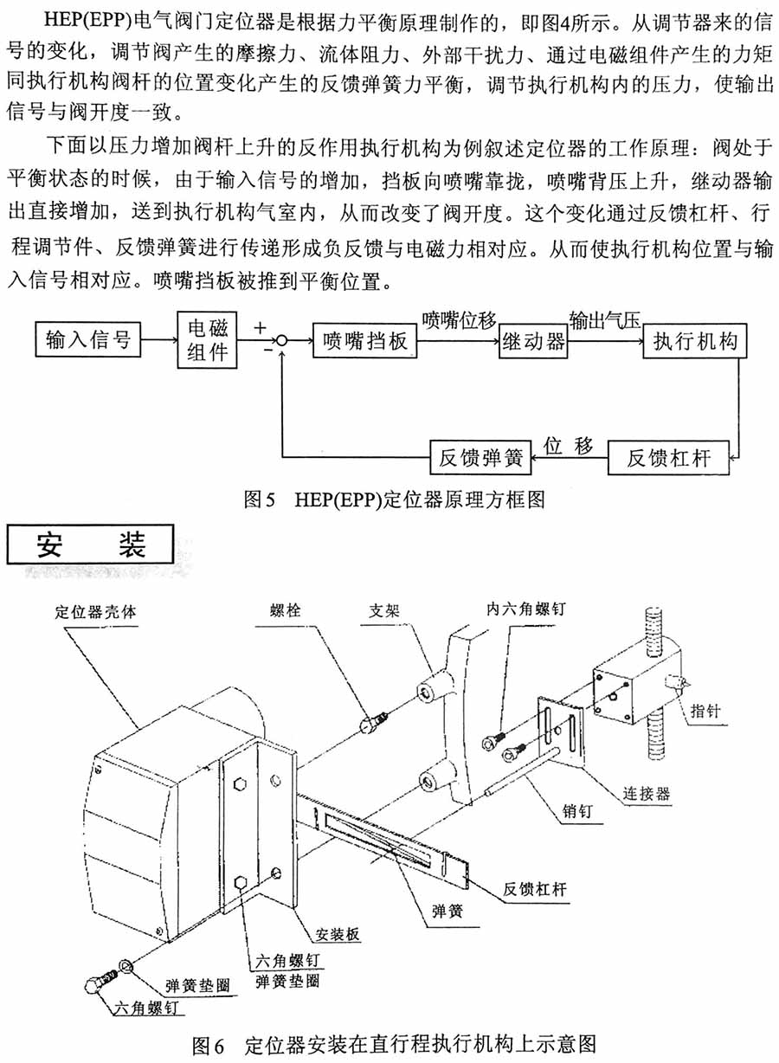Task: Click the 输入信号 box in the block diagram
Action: (x=87, y=340)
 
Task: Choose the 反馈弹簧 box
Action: (x=480, y=457)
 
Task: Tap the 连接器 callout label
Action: (x=645, y=792)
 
